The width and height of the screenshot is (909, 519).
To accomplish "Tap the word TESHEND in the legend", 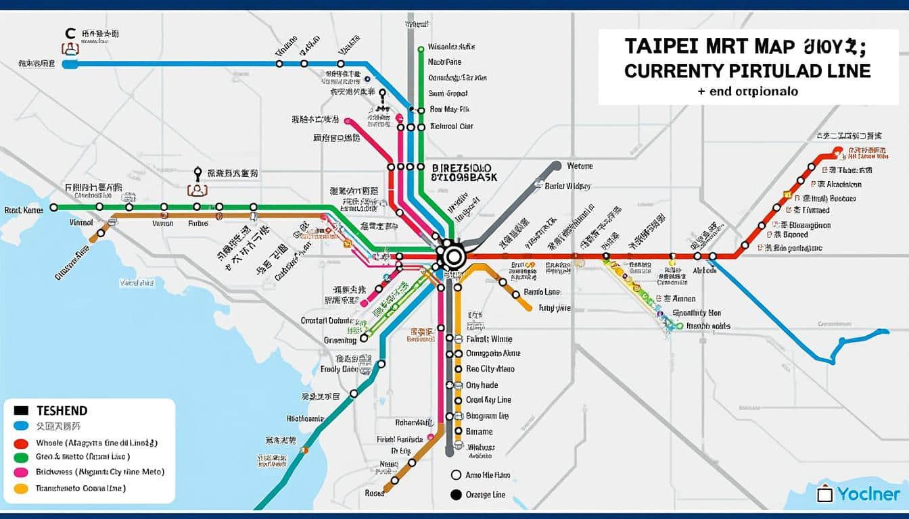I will click(62, 410).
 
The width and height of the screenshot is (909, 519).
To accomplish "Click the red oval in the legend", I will click(21, 443).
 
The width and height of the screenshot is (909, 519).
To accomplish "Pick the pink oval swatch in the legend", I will click(21, 472).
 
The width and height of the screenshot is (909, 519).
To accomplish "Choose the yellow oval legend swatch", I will click(21, 488).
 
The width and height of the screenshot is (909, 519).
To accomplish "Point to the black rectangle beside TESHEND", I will click(21, 410).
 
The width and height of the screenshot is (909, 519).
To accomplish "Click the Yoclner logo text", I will click(868, 494).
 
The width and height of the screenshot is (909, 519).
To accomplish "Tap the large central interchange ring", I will click(453, 257).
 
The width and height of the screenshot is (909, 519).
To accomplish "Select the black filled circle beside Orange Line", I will click(455, 495).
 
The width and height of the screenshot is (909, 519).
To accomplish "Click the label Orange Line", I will click(486, 495).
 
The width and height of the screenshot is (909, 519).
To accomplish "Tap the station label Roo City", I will click(490, 369).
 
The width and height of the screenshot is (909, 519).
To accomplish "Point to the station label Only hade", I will click(482, 385).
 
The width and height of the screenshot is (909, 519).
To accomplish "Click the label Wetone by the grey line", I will click(579, 166).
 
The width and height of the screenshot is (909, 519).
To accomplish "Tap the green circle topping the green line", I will click(421, 48).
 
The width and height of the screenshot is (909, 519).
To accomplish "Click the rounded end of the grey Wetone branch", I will click(556, 166).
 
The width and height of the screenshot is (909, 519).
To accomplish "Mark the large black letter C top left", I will click(70, 32).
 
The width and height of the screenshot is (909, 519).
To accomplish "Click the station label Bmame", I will click(479, 431).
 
